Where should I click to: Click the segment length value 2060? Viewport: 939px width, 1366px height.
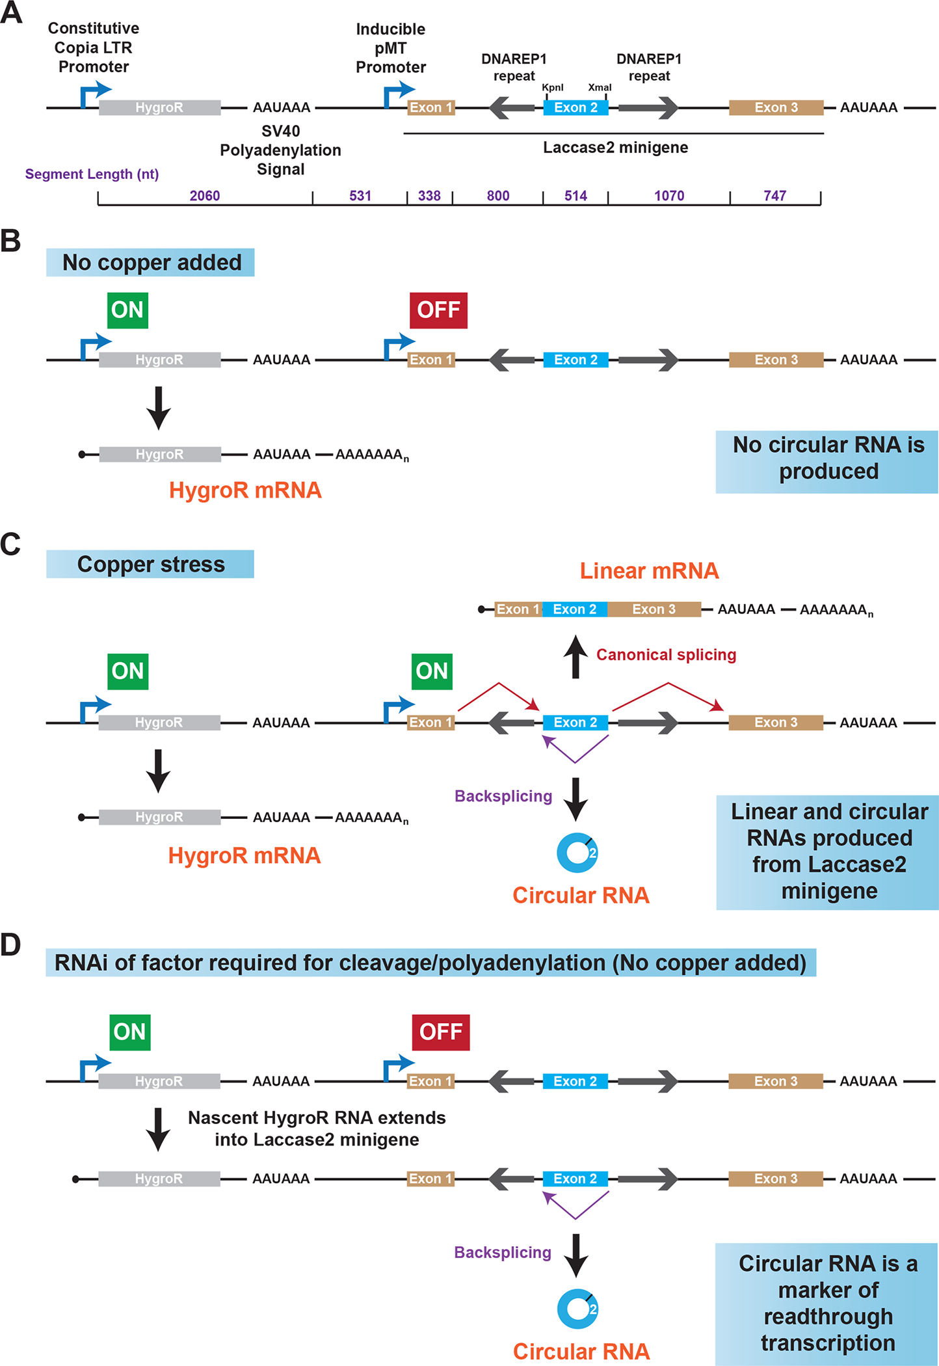click(x=204, y=196)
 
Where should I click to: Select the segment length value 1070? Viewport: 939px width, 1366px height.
click(x=668, y=196)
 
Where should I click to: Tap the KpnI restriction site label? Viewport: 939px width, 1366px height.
click(x=552, y=88)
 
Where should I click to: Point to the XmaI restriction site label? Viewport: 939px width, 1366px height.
click(x=600, y=88)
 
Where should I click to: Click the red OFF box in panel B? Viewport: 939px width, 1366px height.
click(x=438, y=310)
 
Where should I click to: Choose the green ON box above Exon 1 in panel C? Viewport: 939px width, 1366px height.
click(x=432, y=671)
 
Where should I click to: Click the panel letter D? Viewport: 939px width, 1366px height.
click(x=11, y=945)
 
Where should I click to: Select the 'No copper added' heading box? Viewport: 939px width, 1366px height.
click(x=150, y=263)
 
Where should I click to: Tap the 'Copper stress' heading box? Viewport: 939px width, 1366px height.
click(x=150, y=564)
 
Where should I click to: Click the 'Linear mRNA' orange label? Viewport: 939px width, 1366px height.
click(x=649, y=570)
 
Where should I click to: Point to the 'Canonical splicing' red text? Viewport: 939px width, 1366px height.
click(x=666, y=655)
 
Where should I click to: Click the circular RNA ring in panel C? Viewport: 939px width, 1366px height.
click(x=577, y=852)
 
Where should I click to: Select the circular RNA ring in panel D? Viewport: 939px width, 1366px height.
click(x=577, y=1309)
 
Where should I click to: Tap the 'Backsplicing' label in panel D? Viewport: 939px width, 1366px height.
click(x=503, y=1252)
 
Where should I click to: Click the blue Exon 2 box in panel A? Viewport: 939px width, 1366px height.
click(x=575, y=108)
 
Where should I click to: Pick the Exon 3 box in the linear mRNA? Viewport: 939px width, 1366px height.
click(x=654, y=609)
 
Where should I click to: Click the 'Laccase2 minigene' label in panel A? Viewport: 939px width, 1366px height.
click(x=615, y=148)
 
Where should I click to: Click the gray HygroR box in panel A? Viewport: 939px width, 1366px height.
click(x=159, y=108)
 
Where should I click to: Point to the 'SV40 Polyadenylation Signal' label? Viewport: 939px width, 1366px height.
click(x=280, y=150)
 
